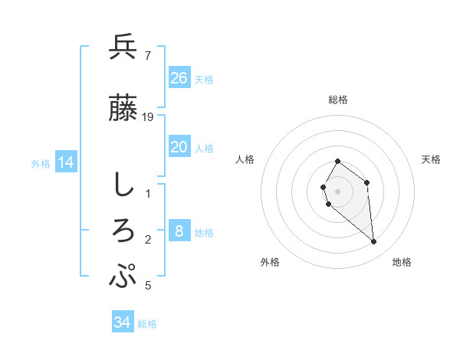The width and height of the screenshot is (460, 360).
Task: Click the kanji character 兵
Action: [x=123, y=47]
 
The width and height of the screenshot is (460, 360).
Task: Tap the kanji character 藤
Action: [x=123, y=109]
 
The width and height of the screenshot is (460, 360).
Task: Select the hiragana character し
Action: [x=123, y=185]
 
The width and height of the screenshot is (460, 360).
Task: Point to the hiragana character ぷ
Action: [x=123, y=276]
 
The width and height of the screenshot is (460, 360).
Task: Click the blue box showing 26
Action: [x=179, y=77]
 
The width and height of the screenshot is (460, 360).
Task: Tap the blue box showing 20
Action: [x=179, y=147]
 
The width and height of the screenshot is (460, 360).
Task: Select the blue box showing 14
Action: [x=66, y=162]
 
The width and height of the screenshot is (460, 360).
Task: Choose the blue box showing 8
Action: [x=179, y=231]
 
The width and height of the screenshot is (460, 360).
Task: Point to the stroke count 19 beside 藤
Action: [x=149, y=116]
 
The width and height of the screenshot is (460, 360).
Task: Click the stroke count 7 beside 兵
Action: [x=147, y=55]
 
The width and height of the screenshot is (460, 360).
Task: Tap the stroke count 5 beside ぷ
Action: [x=148, y=286]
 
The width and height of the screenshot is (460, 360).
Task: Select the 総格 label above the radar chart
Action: [x=338, y=100]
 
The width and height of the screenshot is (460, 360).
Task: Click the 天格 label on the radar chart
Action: [x=432, y=159]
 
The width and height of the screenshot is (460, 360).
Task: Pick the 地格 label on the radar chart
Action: [x=402, y=262]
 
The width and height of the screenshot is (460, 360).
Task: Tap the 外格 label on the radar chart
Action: [x=269, y=262]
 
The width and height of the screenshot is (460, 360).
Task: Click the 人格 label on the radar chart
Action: [x=245, y=159]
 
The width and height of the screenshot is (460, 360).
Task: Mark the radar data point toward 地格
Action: [x=374, y=242]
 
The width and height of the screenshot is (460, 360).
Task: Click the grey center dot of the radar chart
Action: [x=338, y=191]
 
